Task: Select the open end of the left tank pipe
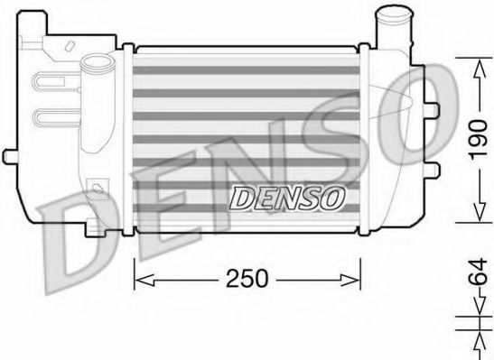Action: (93, 63)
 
